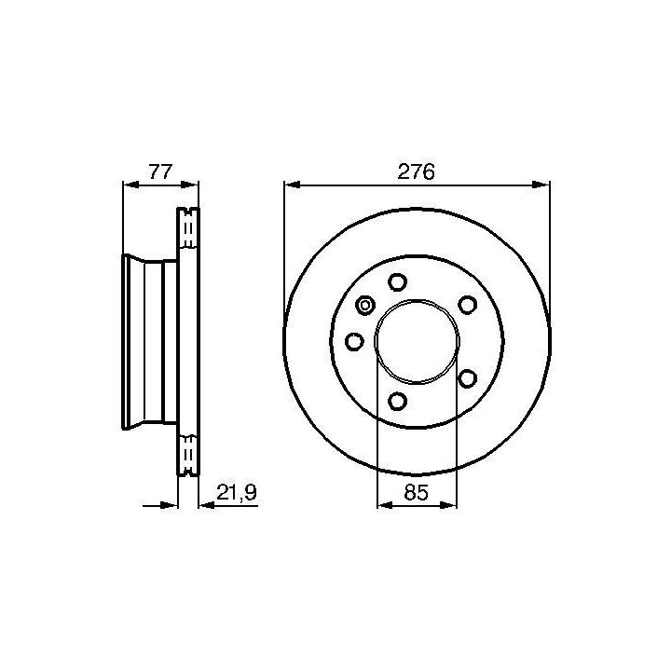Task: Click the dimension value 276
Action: pos(416,171)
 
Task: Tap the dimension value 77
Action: pos(160,171)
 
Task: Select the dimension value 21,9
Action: pos(236,493)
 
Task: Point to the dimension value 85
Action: pos(416,493)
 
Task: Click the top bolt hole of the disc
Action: pos(398,282)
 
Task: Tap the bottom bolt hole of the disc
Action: pos(398,401)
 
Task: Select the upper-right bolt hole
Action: pos(467,305)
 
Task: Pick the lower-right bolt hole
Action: pos(467,378)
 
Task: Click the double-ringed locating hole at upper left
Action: pos(365,306)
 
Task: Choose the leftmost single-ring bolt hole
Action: pos(354,341)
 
